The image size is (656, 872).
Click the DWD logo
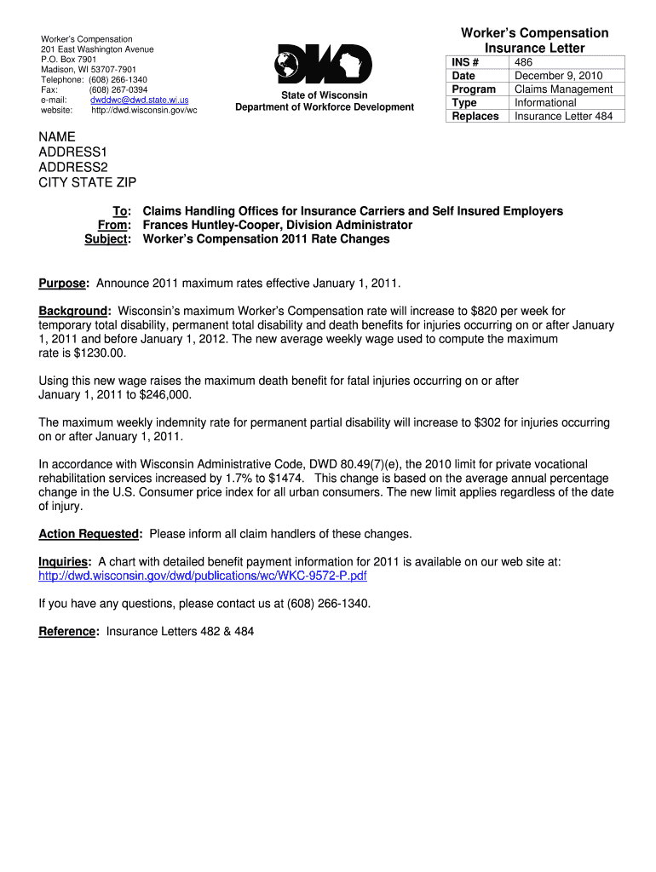pyautogui.click(x=324, y=65)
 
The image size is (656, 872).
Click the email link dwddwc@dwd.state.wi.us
pyautogui.click(x=140, y=100)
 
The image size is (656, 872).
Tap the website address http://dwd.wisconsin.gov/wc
pyautogui.click(x=144, y=110)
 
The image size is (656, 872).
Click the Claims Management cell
pyautogui.click(x=563, y=89)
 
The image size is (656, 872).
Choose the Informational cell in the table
pyautogui.click(x=545, y=103)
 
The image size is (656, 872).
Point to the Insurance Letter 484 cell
pyautogui.click(x=563, y=117)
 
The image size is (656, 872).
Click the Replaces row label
pyautogui.click(x=475, y=117)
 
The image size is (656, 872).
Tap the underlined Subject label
pyautogui.click(x=106, y=239)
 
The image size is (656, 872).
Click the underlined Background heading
pyautogui.click(x=75, y=311)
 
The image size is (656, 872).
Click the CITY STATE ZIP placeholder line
pyautogui.click(x=88, y=183)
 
